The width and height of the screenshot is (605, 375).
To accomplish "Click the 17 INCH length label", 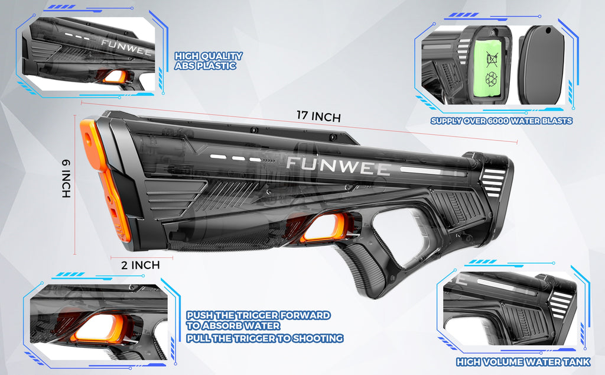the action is pos(318,116).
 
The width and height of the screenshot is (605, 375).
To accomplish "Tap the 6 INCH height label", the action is pos(66,179).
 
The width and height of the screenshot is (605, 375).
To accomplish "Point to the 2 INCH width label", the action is pos(141,265).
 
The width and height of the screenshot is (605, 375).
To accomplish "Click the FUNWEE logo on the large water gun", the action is pos(338,166).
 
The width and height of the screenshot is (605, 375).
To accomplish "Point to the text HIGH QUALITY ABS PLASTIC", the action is pos(209,61).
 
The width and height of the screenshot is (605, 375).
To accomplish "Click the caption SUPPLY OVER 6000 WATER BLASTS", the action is pos(501,121).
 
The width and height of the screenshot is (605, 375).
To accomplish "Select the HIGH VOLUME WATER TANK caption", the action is pos(523,362).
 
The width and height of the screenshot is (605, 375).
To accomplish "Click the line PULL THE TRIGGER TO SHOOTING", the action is pos(265,338).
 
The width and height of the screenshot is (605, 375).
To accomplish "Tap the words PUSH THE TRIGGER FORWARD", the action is pos(259,315).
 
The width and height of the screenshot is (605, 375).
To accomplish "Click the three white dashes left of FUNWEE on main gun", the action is pos(235,159).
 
